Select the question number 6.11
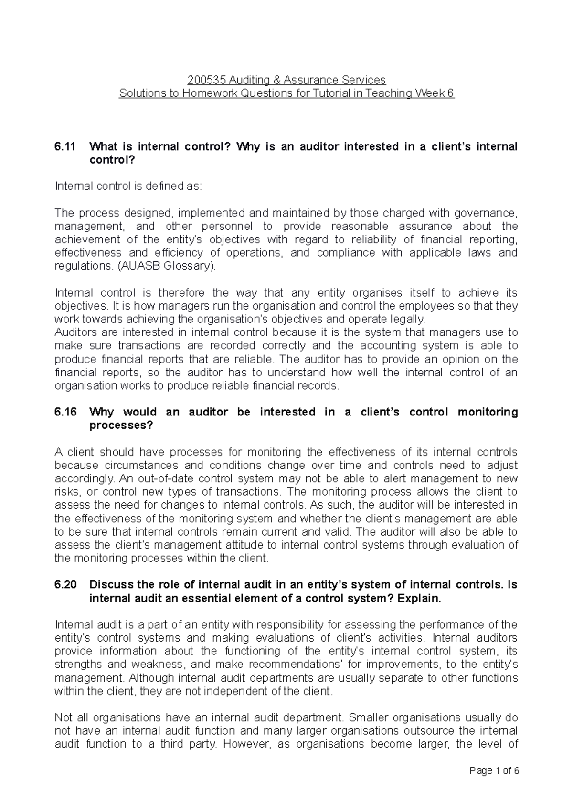(x=65, y=146)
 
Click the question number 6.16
(x=65, y=412)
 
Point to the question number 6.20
(x=65, y=584)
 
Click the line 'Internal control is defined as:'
(x=128, y=186)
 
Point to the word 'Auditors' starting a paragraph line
(x=73, y=332)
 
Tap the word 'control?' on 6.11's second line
(x=113, y=160)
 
